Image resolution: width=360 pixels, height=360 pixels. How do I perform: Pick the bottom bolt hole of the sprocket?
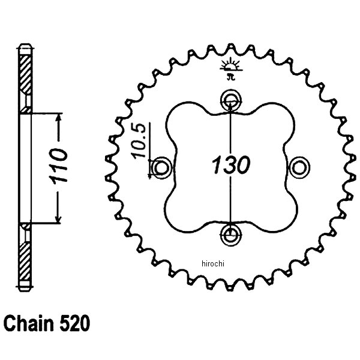click(x=230, y=232)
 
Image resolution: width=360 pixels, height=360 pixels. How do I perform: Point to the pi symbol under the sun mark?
click(x=230, y=75)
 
